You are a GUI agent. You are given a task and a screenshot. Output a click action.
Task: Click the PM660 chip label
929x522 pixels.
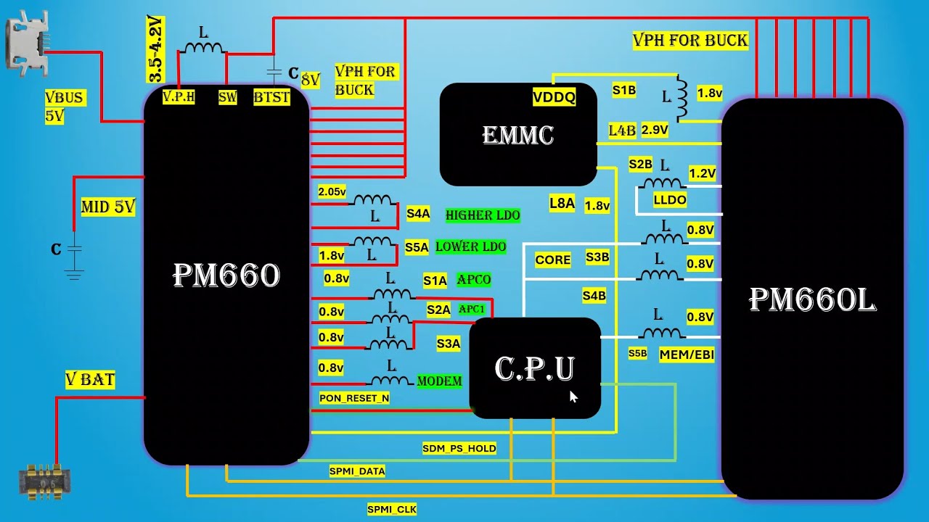[x=226, y=275]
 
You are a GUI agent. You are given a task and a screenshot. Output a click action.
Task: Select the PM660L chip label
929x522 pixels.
[x=812, y=299]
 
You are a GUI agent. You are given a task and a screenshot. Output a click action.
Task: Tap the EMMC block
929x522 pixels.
[x=518, y=135]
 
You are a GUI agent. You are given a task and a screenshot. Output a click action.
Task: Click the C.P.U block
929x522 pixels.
[x=535, y=368]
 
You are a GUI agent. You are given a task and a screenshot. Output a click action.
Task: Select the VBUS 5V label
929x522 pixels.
[x=65, y=107]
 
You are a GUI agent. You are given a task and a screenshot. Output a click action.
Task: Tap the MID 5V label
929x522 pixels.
[x=108, y=207]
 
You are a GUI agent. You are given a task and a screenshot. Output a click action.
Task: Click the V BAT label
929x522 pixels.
[x=90, y=379]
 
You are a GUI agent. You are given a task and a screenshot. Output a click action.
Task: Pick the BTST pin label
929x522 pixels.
[x=272, y=97]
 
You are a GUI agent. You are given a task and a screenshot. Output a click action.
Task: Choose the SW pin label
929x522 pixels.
[x=228, y=97]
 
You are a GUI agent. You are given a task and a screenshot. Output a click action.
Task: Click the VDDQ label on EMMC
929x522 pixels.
[x=554, y=97]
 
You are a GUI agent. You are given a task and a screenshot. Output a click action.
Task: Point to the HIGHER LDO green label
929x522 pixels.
[x=483, y=215]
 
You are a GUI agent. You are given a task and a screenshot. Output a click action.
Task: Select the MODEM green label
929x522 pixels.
[x=439, y=381]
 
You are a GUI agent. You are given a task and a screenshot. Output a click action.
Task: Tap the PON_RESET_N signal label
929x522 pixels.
[x=354, y=398]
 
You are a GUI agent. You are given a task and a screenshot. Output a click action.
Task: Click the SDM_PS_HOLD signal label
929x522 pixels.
[x=459, y=449]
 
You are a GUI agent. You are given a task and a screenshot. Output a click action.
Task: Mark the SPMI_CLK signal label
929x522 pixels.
[x=392, y=510]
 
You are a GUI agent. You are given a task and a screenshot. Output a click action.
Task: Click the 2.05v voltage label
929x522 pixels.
[x=332, y=192]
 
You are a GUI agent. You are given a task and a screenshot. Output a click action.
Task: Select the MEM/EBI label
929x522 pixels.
[x=687, y=355]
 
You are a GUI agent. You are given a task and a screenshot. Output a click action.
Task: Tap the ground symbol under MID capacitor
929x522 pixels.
[x=74, y=274]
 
